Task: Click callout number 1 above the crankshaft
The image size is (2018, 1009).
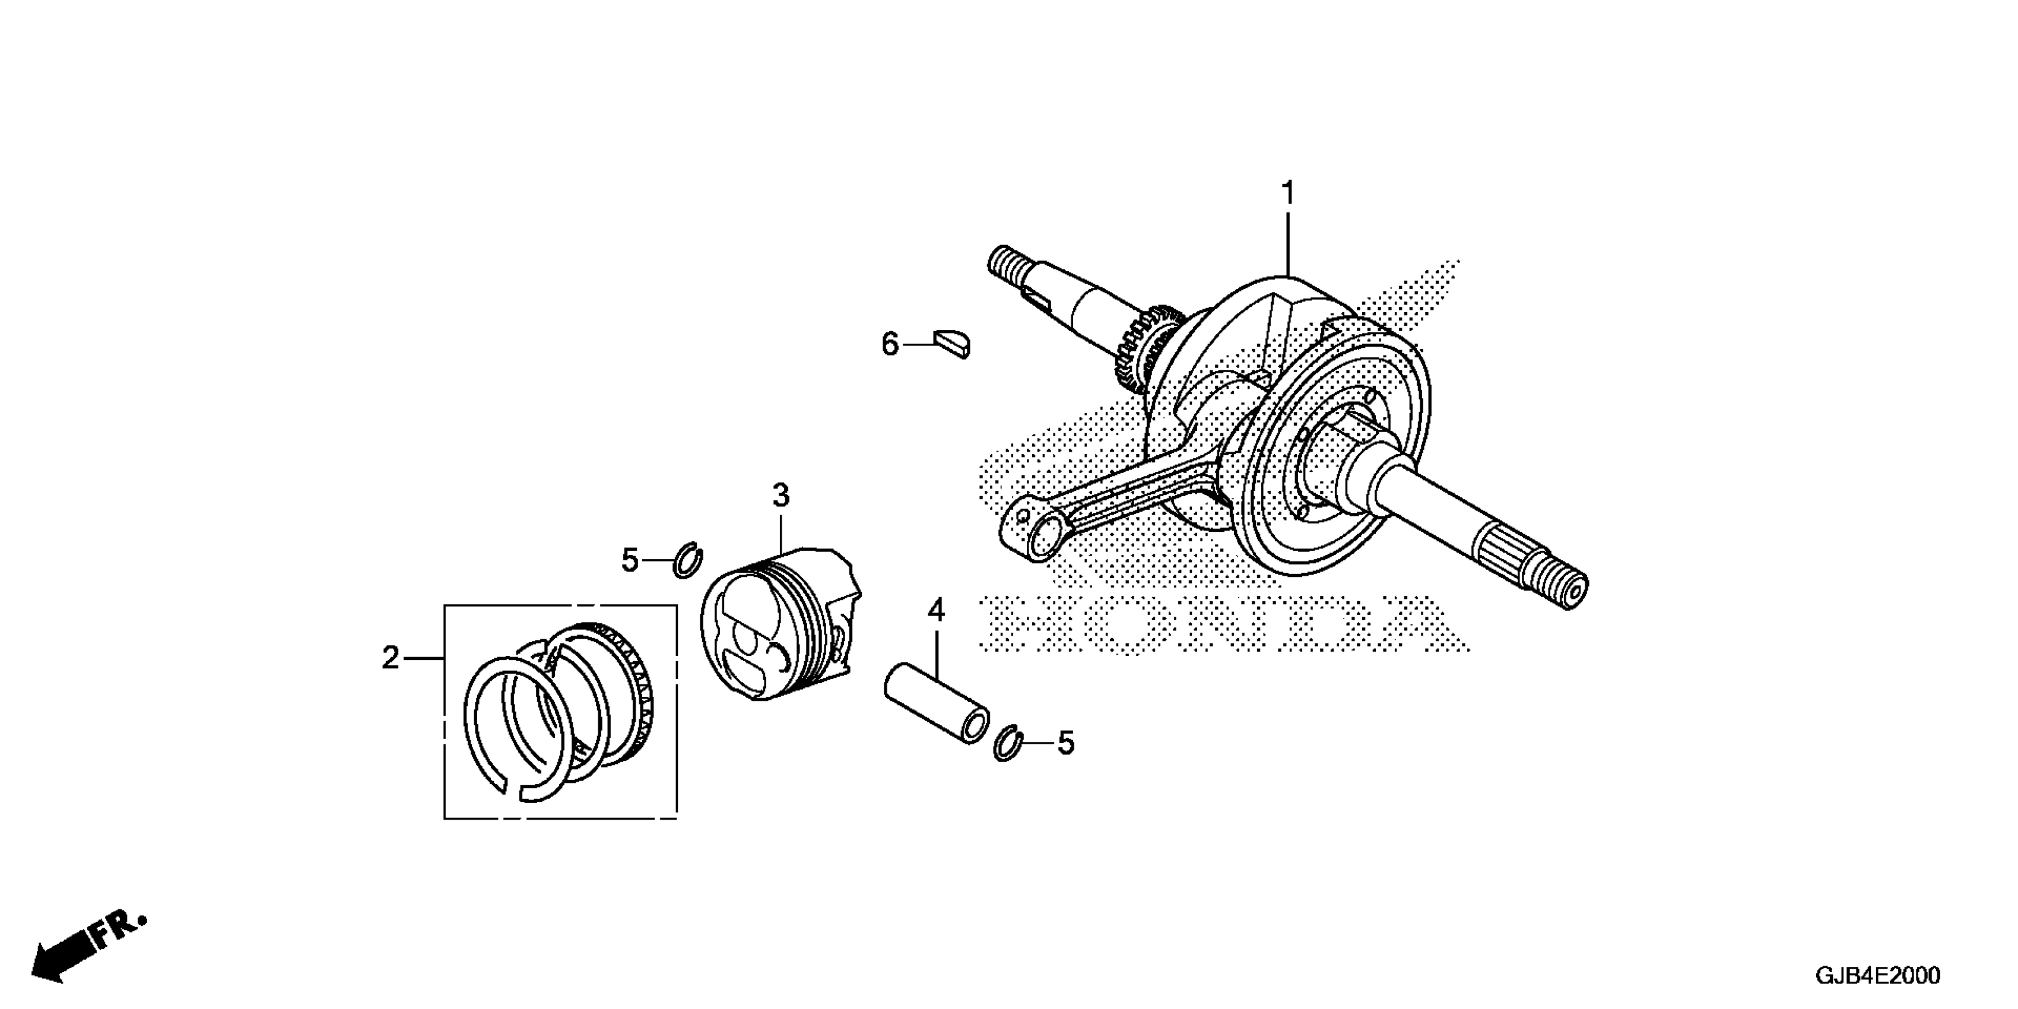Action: (x=1287, y=193)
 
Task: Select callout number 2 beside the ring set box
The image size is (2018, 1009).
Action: (x=390, y=658)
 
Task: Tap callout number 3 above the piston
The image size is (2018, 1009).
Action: (x=780, y=495)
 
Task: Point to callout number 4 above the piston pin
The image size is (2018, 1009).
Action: (x=936, y=610)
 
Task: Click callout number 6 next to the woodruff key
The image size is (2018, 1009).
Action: (x=890, y=344)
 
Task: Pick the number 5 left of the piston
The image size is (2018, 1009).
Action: (x=630, y=560)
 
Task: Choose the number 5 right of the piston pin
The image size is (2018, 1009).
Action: (x=1066, y=743)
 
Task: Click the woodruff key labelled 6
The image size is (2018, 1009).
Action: (x=953, y=344)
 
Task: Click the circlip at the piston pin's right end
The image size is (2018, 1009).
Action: (x=1007, y=744)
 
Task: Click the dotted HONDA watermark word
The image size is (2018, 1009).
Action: (x=1222, y=624)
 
